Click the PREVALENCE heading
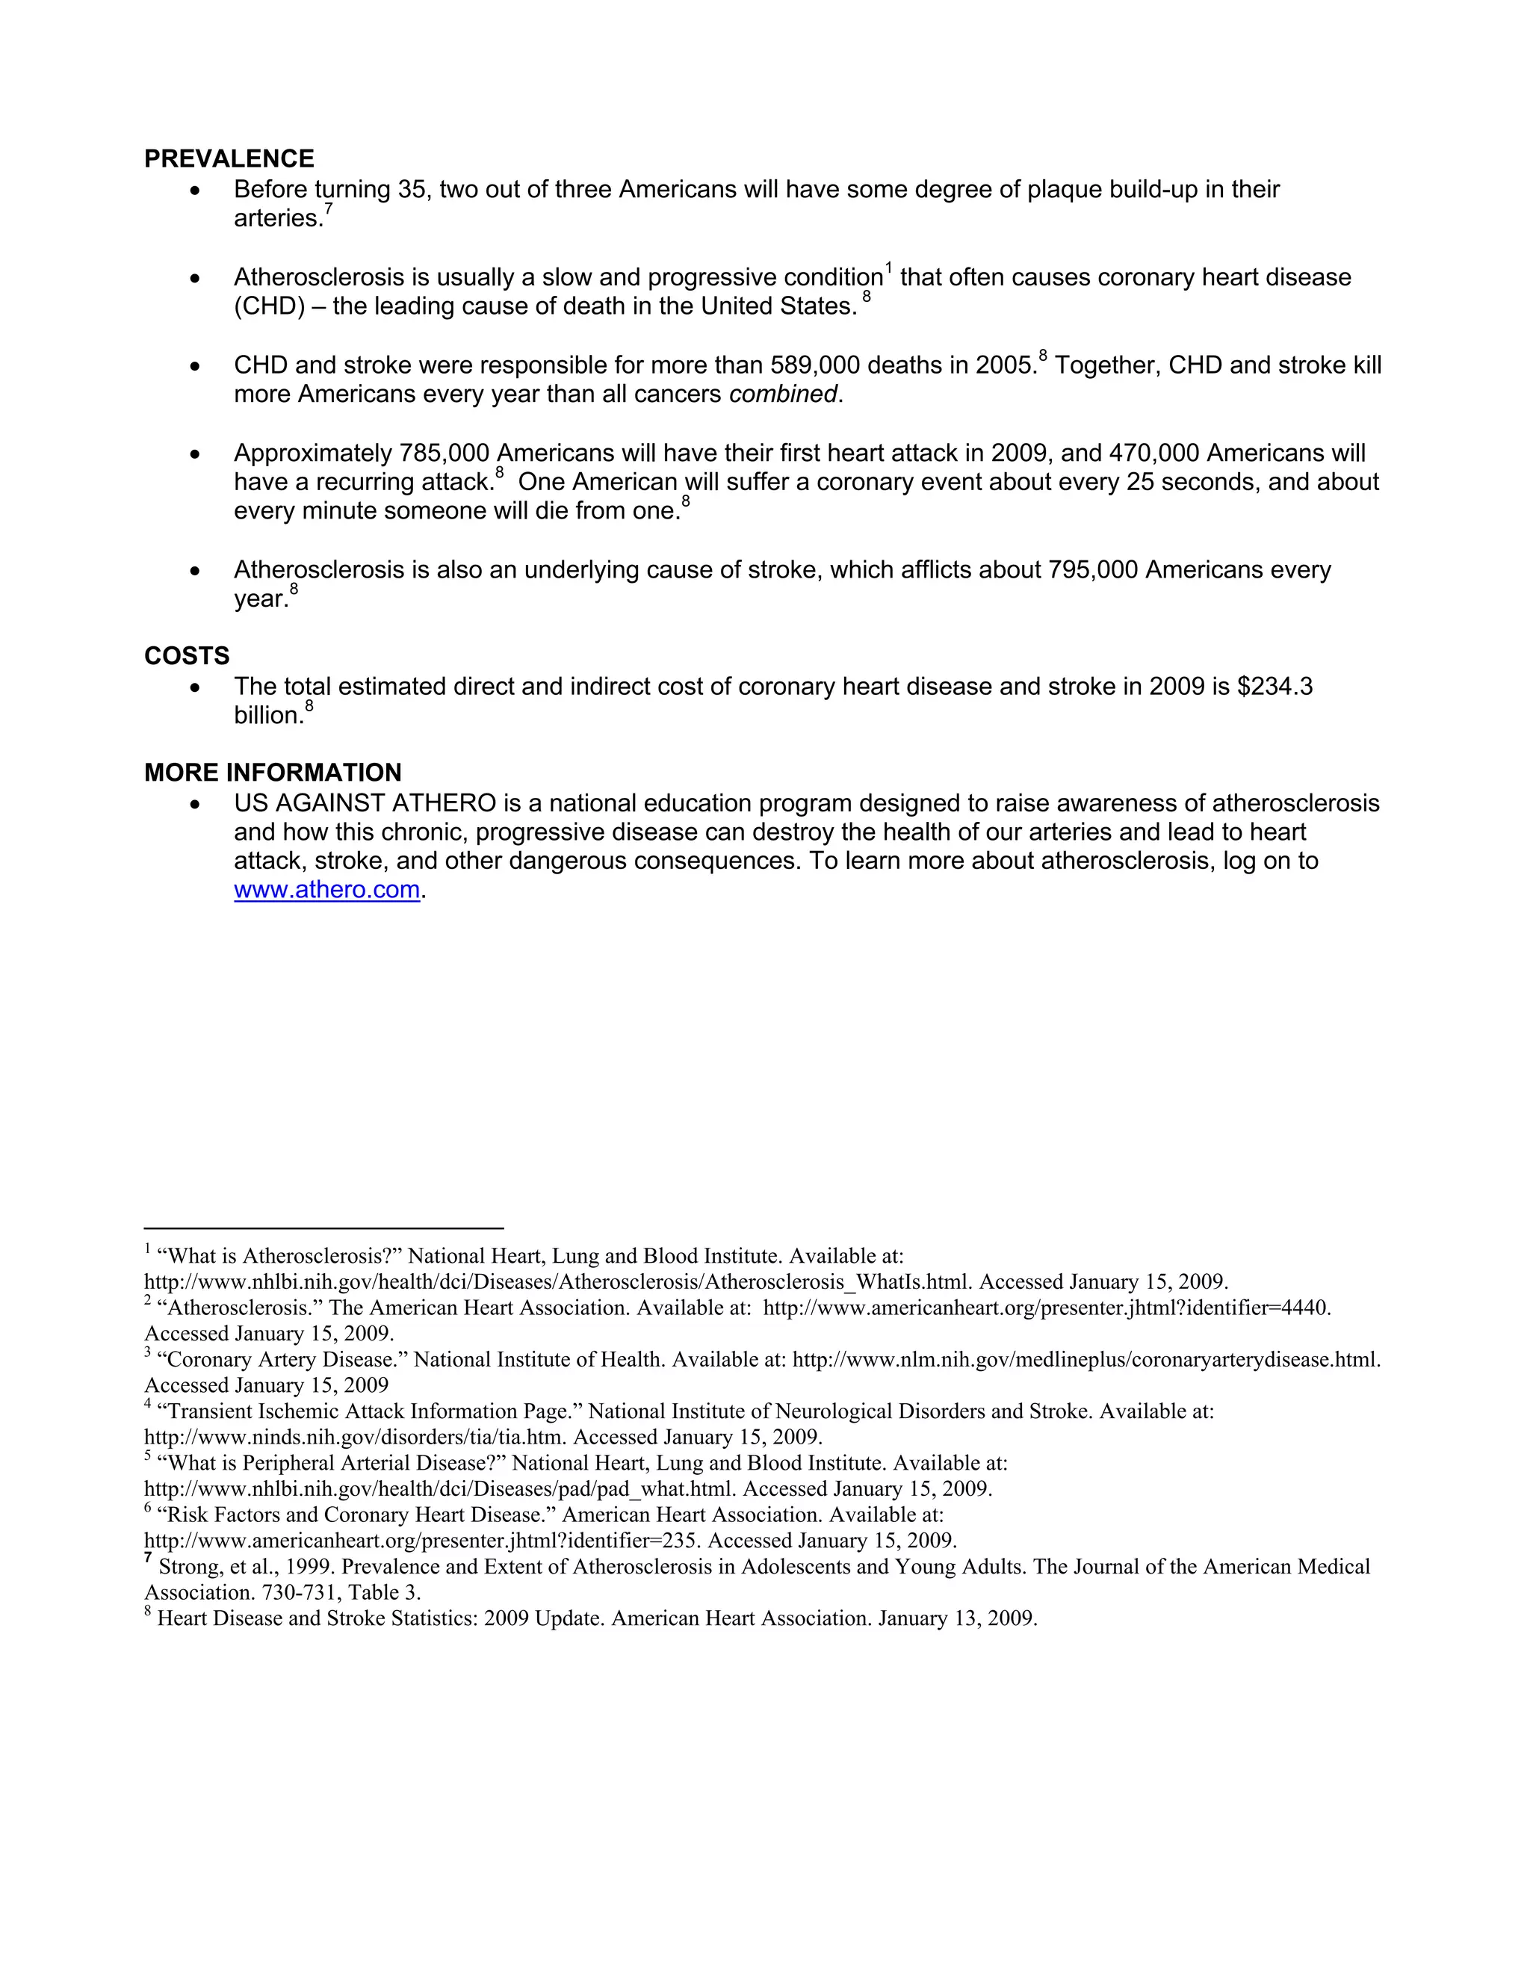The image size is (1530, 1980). [229, 158]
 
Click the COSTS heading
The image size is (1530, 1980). [187, 655]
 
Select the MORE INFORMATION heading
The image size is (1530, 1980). [272, 773]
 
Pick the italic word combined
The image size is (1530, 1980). [782, 395]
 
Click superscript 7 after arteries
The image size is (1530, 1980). [328, 209]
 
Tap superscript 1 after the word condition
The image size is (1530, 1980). [889, 267]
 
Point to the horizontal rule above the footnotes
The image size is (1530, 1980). [323, 1228]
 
